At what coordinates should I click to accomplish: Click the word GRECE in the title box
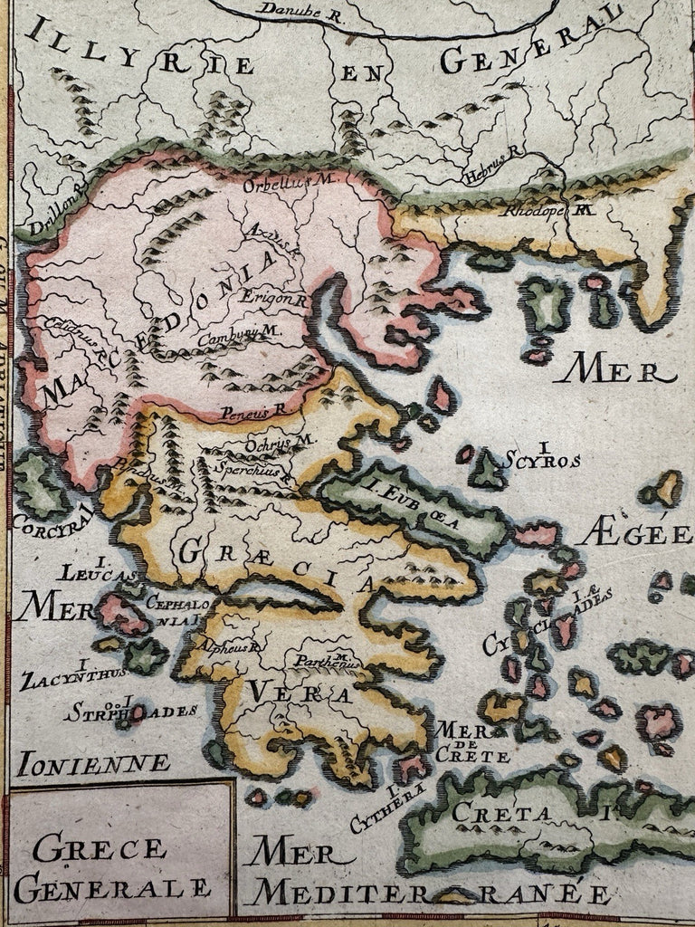[x=90, y=849]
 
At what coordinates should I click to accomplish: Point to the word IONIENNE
[x=94, y=762]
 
